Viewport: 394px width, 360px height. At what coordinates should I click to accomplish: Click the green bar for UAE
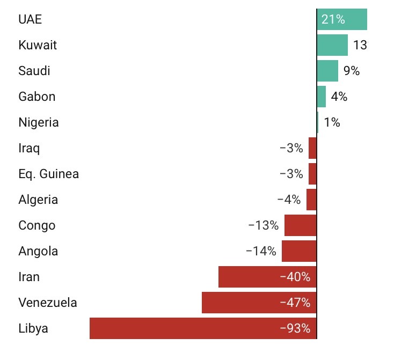point(342,20)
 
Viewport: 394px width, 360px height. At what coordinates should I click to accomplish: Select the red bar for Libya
point(203,328)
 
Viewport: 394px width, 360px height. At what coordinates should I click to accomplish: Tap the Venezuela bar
point(259,303)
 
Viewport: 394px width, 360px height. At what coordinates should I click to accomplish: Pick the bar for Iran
point(267,277)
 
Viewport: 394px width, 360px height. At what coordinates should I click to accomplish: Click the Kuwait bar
point(332,45)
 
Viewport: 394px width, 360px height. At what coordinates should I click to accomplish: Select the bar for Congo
point(301,225)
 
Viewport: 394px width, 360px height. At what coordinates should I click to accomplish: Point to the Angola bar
point(299,251)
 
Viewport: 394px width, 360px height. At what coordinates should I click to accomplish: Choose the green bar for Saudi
point(327,71)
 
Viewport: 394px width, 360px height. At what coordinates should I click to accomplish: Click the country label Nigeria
point(39,122)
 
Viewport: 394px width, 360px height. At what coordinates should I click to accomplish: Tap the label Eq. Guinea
point(48,174)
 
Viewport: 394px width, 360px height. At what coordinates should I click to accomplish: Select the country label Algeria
point(38,200)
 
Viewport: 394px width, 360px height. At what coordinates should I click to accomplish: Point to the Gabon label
point(37,97)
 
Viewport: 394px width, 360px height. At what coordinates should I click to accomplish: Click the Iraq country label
point(29,148)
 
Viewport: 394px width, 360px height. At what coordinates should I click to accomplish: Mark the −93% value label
point(295,328)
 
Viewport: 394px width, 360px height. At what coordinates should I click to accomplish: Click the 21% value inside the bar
point(333,20)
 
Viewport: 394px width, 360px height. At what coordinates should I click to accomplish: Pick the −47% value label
point(295,303)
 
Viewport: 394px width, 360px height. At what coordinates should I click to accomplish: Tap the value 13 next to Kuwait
point(360,45)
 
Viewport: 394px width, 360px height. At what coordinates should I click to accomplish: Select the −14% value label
point(261,251)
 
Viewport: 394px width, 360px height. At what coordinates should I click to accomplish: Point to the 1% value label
point(332,122)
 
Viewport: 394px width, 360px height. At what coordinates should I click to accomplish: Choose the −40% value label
point(295,277)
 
